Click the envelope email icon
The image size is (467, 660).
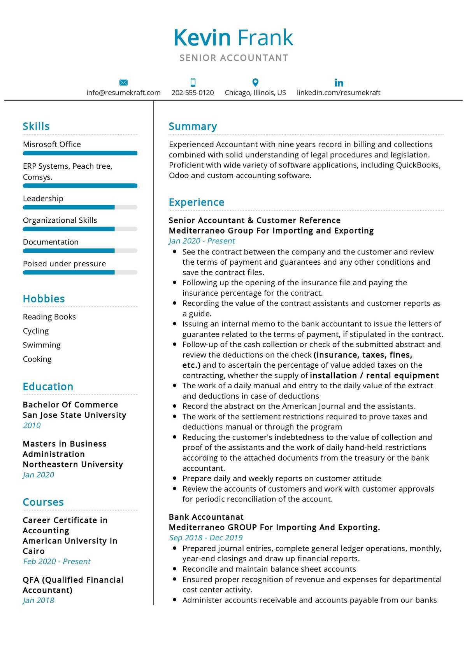(x=123, y=82)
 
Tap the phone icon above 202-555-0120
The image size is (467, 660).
(x=193, y=82)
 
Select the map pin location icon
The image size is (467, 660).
(x=255, y=82)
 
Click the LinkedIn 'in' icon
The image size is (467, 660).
(x=339, y=82)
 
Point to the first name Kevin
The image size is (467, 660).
(x=202, y=38)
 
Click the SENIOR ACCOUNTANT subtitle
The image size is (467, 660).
(x=234, y=58)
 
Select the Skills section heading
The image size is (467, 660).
(x=36, y=126)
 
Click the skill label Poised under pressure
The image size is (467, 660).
(x=64, y=264)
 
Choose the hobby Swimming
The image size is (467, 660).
(x=42, y=345)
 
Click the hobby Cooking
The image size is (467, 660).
(x=37, y=359)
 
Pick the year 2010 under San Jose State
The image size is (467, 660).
(x=32, y=425)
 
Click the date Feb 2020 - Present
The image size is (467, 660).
(x=56, y=561)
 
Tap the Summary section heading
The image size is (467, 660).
(x=193, y=126)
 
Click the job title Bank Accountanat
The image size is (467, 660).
(x=206, y=517)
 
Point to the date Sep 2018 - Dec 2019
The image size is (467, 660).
(x=205, y=538)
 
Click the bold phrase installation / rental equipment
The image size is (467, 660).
(x=374, y=375)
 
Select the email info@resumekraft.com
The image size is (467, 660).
(x=123, y=93)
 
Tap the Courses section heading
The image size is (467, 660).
(x=43, y=502)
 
